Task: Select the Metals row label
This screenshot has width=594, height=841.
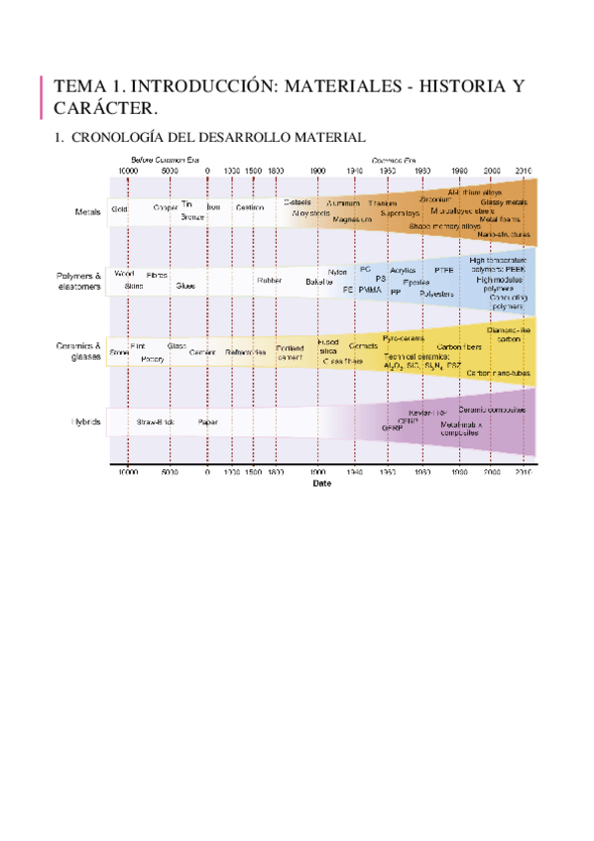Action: (89, 210)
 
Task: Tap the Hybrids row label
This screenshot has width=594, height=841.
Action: (86, 421)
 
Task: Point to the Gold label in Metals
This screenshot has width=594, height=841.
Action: (119, 209)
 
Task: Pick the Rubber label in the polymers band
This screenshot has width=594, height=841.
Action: (270, 281)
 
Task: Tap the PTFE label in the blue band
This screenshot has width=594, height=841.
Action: (444, 270)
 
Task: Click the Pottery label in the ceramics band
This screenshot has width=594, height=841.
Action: (153, 358)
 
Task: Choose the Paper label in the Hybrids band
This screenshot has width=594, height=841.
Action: (207, 421)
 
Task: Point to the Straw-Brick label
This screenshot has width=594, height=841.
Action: (157, 421)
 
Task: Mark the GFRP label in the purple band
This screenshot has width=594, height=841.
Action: (391, 427)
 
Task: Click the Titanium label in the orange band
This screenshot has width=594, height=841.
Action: (382, 202)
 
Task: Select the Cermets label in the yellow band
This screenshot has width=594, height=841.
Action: (363, 346)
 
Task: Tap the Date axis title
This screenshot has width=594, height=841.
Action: (322, 484)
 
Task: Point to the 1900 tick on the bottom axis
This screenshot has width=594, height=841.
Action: (318, 474)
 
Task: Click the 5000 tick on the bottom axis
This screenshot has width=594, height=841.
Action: (170, 474)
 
